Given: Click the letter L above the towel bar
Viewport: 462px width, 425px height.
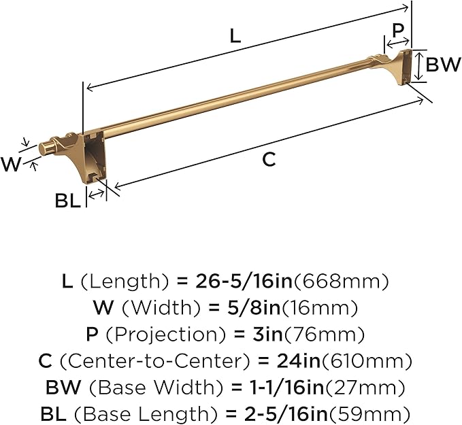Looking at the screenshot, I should [235, 36].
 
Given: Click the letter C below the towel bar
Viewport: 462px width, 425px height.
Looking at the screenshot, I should [269, 159].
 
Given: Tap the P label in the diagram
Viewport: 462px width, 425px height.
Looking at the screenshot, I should [398, 31].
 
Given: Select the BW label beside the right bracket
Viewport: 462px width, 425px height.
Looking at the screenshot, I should [443, 66].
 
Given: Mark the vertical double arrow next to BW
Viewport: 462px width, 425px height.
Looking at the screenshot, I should [420, 66].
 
